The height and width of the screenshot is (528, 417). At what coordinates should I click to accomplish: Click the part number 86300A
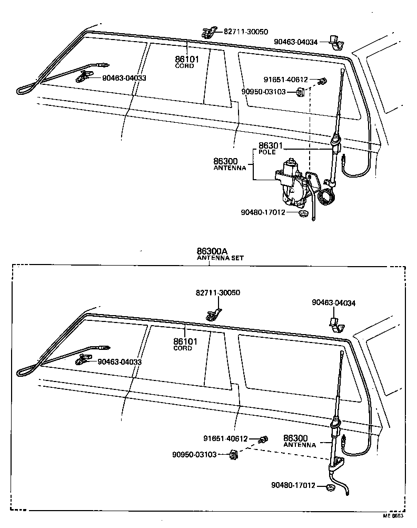209,251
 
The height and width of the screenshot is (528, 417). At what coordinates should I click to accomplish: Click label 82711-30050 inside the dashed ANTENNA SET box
217,292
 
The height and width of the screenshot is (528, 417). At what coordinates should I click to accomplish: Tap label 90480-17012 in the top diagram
263,212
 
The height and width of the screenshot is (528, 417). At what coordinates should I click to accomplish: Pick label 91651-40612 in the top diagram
286,80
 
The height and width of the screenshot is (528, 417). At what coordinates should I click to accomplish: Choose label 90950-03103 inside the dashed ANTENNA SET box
194,454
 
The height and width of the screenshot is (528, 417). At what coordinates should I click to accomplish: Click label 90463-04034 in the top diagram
296,41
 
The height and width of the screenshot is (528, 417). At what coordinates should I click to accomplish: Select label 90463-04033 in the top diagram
124,78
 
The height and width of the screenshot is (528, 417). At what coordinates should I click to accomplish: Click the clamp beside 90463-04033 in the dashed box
85,360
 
